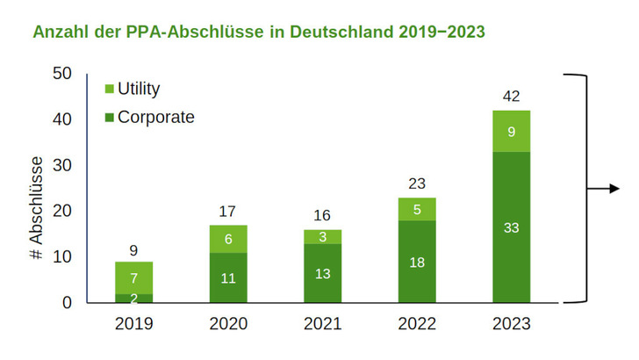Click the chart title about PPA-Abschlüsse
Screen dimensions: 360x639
[x=258, y=32]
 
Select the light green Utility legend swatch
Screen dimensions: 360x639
[x=109, y=89]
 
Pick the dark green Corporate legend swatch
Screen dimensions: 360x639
[x=109, y=117]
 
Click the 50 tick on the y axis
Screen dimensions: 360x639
[x=62, y=74]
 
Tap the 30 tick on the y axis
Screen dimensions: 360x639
[x=62, y=166]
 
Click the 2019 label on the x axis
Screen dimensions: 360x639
[x=133, y=324]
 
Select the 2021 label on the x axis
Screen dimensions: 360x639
[x=321, y=324]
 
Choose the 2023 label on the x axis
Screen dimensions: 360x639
[x=511, y=324]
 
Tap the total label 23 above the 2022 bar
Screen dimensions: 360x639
[x=416, y=184]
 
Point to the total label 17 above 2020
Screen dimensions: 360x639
[x=227, y=212]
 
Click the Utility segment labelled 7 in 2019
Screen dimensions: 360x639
[x=133, y=277]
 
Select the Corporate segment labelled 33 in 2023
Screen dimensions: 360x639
[x=511, y=227]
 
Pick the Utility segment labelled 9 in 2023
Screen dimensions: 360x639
[x=511, y=132]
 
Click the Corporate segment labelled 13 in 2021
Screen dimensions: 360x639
[x=321, y=273]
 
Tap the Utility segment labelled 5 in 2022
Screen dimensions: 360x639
[x=416, y=209]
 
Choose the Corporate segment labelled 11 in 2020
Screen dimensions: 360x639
[x=227, y=277]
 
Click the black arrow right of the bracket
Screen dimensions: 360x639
[x=607, y=188]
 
